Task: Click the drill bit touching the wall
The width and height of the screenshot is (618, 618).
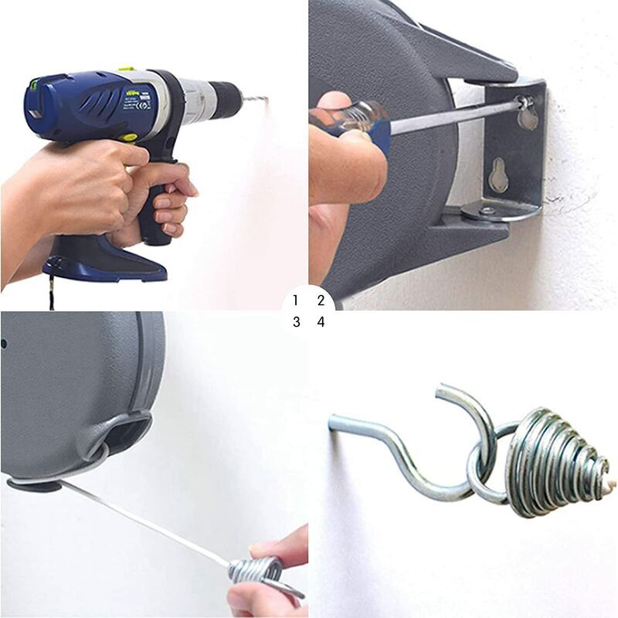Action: click(253, 100)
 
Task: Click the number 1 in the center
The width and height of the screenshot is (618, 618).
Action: click(296, 300)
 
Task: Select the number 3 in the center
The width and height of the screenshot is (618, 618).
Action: click(296, 322)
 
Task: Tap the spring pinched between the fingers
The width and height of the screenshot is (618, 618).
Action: click(255, 572)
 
